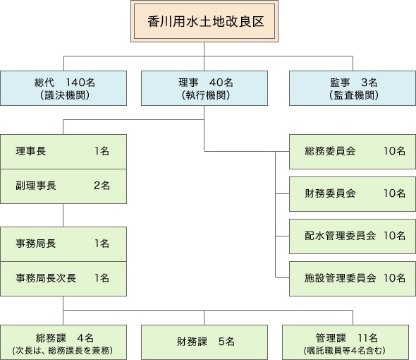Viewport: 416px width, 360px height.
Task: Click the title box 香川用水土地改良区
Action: (x=204, y=21)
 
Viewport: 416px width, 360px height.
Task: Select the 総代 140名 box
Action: (x=63, y=88)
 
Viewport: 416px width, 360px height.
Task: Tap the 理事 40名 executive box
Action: (x=204, y=88)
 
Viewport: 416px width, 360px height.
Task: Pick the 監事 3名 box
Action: (x=353, y=88)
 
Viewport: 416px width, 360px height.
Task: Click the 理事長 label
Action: (x=31, y=151)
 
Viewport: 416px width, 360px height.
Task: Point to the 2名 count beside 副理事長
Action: (x=102, y=186)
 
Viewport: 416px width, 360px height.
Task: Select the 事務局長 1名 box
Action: (x=63, y=244)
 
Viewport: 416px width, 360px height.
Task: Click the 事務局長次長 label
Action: (x=46, y=278)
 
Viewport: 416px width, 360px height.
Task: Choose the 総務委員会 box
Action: (x=353, y=152)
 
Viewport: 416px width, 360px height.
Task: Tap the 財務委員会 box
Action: (x=353, y=194)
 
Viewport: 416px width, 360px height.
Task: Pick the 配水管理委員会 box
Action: (x=353, y=236)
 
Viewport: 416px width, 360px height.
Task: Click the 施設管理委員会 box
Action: (x=353, y=279)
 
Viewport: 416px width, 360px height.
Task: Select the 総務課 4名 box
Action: (x=63, y=342)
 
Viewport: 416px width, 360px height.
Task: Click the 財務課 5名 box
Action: (x=204, y=342)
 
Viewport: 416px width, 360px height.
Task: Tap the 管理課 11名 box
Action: (x=345, y=342)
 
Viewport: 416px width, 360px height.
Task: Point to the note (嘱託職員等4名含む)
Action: (x=345, y=351)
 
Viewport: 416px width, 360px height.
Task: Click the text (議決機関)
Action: (x=65, y=95)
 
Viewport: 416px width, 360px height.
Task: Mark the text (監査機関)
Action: (x=354, y=95)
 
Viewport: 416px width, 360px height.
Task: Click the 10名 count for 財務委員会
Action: (x=395, y=193)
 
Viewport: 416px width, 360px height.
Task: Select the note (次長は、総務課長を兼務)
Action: (x=63, y=351)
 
